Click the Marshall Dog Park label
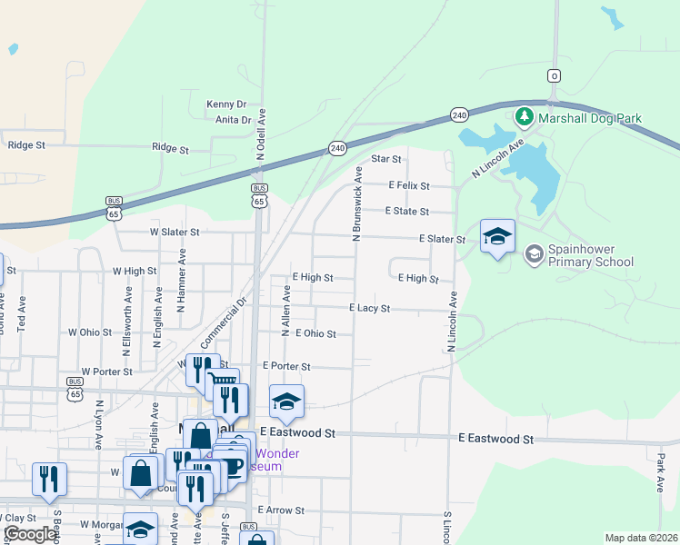click(589, 118)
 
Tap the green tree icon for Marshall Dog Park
click(524, 117)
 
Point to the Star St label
click(386, 159)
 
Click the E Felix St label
click(408, 185)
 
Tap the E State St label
click(406, 212)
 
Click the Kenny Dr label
click(226, 104)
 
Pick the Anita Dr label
click(233, 119)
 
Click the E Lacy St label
click(370, 309)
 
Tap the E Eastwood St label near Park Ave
click(495, 439)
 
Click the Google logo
click(29, 534)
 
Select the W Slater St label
click(175, 233)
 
